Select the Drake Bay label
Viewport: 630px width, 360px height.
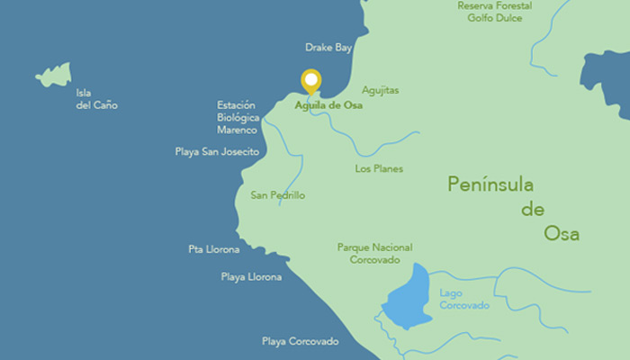click(328, 48)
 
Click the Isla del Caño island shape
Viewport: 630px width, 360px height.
click(55, 75)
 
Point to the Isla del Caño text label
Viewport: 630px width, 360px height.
click(96, 99)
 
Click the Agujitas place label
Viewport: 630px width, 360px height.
click(380, 91)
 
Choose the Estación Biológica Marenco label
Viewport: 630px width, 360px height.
click(238, 118)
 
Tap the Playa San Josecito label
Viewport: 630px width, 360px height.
click(217, 152)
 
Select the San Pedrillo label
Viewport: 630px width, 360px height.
click(278, 194)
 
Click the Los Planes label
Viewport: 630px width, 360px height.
click(379, 168)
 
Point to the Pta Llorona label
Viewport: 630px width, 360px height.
click(214, 249)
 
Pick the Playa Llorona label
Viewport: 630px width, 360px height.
click(251, 277)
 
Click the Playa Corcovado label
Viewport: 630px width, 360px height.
click(300, 341)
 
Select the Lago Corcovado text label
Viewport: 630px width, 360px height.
click(464, 299)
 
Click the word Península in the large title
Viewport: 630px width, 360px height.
click(490, 185)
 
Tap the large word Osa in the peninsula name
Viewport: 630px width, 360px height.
click(561, 234)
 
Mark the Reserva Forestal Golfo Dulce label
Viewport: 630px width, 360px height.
click(494, 12)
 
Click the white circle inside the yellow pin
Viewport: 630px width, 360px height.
click(311, 79)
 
